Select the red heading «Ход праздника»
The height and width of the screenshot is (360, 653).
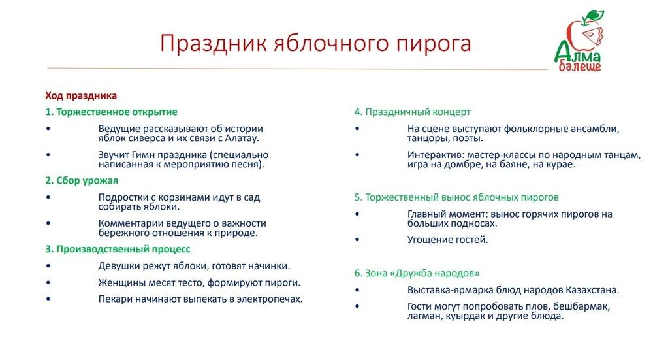(81, 95)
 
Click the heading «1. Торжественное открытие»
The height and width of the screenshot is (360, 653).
(112, 112)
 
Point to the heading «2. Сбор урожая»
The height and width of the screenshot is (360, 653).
(82, 180)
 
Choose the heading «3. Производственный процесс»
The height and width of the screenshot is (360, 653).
(118, 249)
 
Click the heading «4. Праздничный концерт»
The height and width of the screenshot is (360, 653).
(413, 112)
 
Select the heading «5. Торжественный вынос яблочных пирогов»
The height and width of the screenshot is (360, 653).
(456, 197)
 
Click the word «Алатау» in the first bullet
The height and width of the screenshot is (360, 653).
(239, 138)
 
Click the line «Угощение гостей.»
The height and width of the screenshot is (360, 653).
(447, 240)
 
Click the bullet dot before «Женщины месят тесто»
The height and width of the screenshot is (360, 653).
(48, 283)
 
